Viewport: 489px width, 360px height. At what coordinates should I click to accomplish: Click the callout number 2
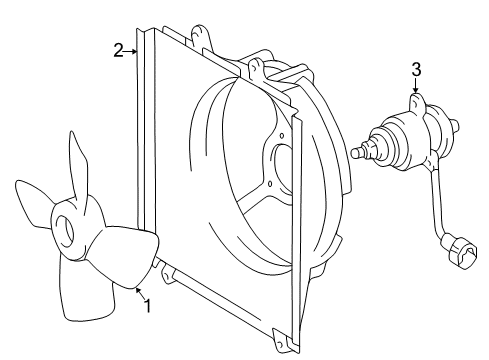[119, 50]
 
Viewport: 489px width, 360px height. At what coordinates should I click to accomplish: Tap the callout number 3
[416, 69]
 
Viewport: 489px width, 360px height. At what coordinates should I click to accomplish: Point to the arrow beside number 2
[133, 51]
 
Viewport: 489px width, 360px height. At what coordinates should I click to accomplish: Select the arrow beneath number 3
[416, 88]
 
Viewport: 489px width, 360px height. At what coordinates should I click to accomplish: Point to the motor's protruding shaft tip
[359, 153]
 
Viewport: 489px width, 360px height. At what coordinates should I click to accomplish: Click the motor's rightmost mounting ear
[456, 124]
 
